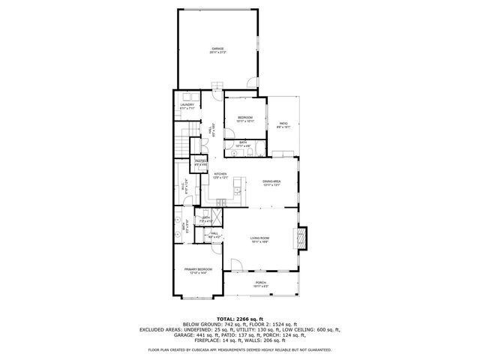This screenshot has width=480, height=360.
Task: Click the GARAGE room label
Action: [x=217, y=49]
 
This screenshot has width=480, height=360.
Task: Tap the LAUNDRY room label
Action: [x=187, y=106]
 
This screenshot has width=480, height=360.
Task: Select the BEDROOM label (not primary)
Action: [x=245, y=118]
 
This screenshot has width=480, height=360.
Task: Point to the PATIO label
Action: [x=283, y=124]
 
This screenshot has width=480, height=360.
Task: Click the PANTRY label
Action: [x=200, y=161]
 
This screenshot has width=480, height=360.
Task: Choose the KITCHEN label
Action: [x=220, y=175]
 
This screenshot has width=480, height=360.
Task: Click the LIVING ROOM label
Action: [x=259, y=239]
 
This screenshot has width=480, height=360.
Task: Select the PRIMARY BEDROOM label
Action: [x=199, y=270]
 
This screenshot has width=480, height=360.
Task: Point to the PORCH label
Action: [x=260, y=283]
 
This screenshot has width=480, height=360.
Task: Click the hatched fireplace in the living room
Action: [x=303, y=238]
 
